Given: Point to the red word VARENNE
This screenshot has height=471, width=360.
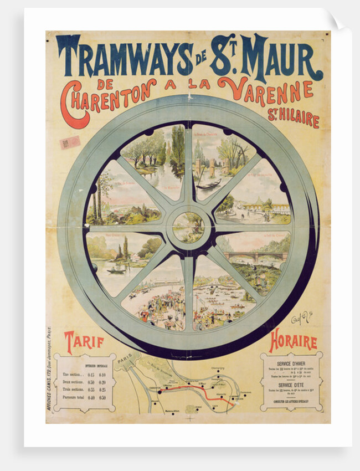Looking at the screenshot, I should (265, 91).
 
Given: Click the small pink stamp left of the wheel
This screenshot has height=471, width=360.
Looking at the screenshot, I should (70, 142).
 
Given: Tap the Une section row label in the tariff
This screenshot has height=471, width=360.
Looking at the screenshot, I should (73, 375).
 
